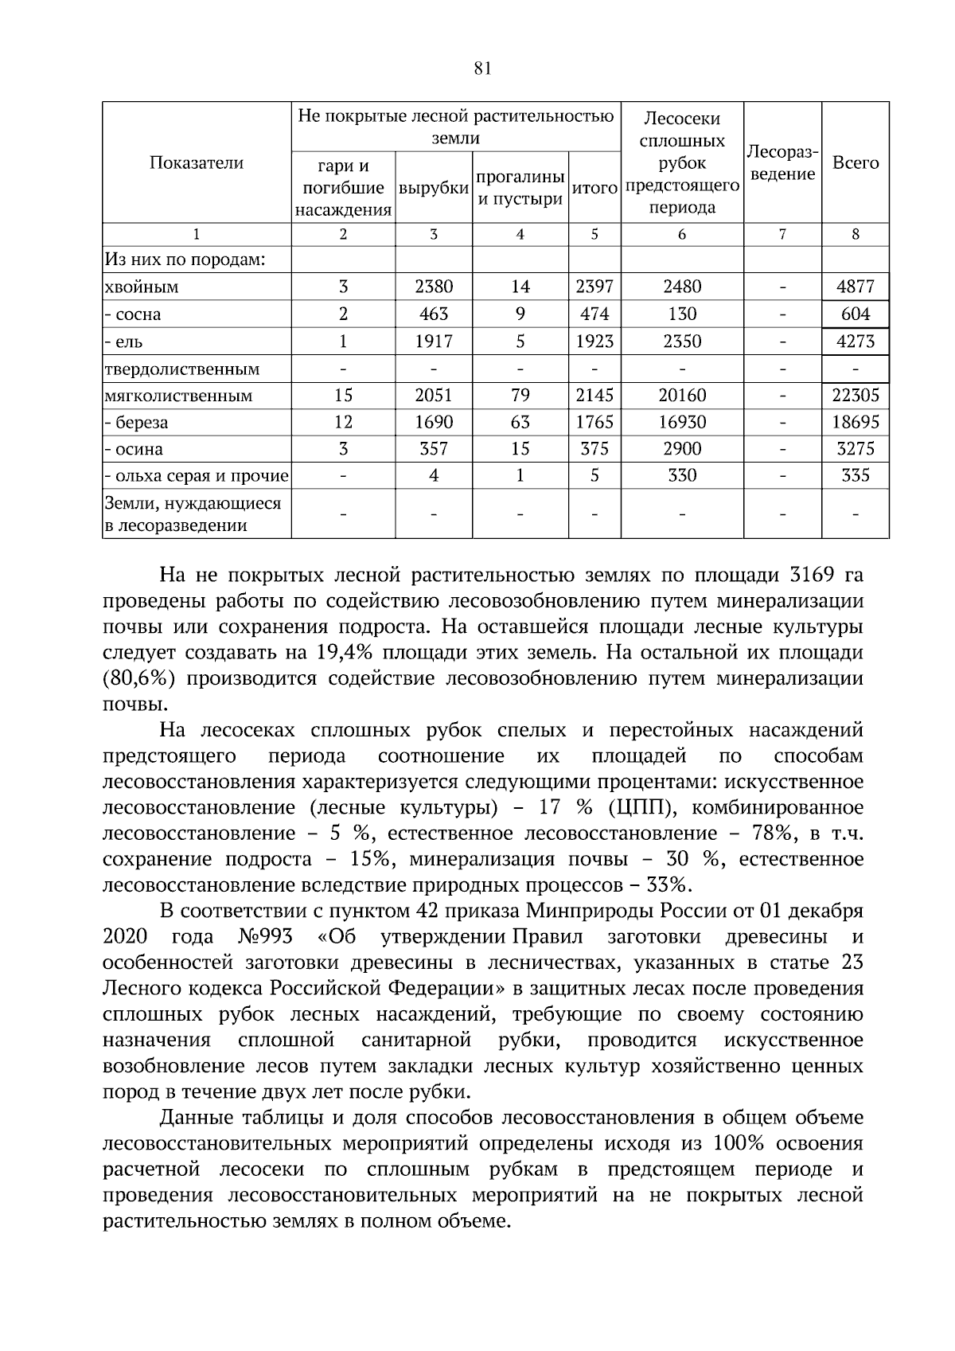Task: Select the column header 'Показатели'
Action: pyautogui.click(x=197, y=163)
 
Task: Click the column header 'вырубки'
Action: pyautogui.click(x=434, y=189)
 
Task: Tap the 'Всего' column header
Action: pyautogui.click(x=856, y=163)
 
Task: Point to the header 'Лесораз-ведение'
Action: pyautogui.click(x=782, y=163)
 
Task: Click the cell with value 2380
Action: pyautogui.click(x=434, y=287)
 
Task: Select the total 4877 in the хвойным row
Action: pyautogui.click(x=856, y=287)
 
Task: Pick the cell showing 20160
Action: pyautogui.click(x=682, y=396)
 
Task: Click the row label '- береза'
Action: pyautogui.click(x=136, y=423)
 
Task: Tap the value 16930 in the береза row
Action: pyautogui.click(x=682, y=423)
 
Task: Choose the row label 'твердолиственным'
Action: pyautogui.click(x=182, y=369)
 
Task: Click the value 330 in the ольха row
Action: pyautogui.click(x=682, y=476)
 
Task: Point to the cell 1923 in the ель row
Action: pyautogui.click(x=594, y=342)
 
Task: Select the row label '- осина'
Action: pyautogui.click(x=134, y=450)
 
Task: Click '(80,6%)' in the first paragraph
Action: pyautogui.click(x=137, y=679)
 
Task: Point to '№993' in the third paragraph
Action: pyautogui.click(x=265, y=936)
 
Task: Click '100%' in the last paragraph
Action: pyautogui.click(x=739, y=1144)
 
